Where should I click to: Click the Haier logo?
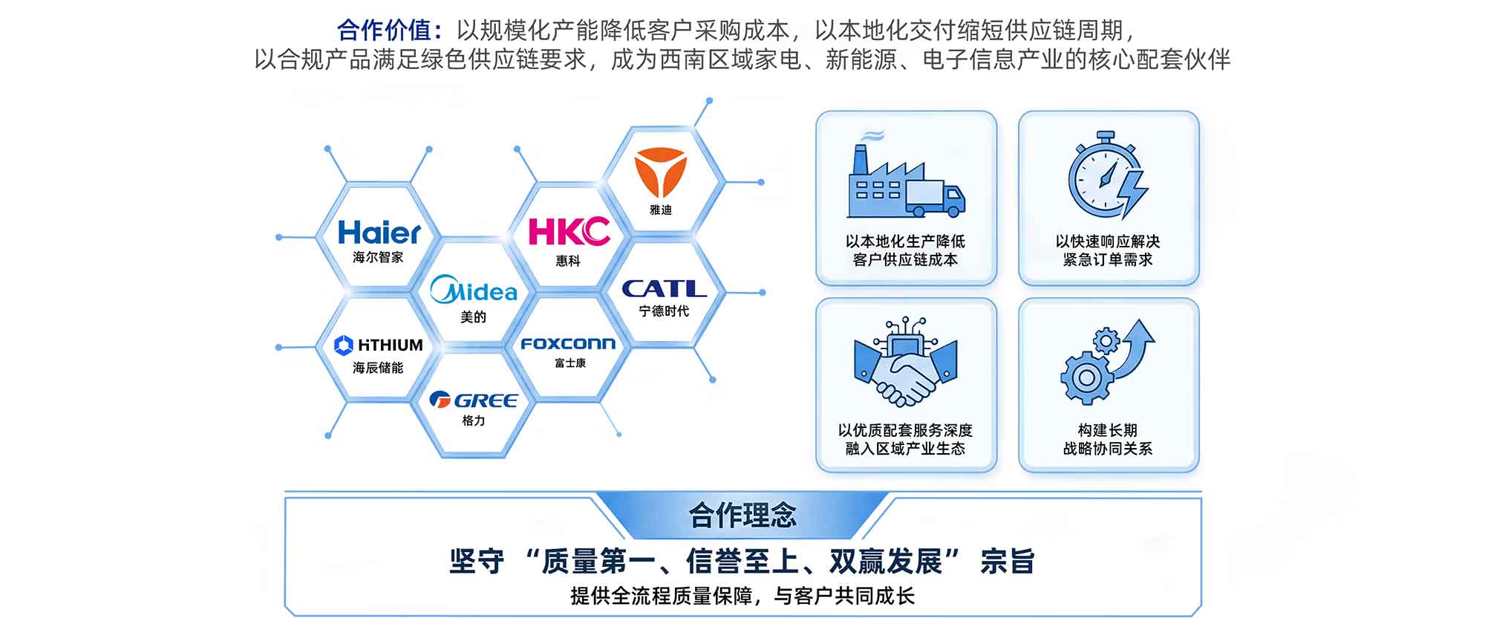point(379,233)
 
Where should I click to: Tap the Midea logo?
point(474,290)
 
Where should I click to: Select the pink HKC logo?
point(569,231)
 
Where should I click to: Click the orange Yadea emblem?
point(661,174)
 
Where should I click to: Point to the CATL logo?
point(664,288)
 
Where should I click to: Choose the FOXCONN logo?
point(568,344)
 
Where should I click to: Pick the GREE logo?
point(474,400)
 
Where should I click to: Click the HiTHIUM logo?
point(379,345)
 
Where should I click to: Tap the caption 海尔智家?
point(379,257)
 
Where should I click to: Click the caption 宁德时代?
point(664,311)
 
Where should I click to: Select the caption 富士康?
point(569,363)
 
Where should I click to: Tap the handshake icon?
point(906,362)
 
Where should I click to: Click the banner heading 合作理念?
point(742,515)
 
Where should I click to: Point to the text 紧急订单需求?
point(1108,259)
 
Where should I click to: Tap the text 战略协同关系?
point(1108,448)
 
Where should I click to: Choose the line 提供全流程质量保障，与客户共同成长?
point(742,595)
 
